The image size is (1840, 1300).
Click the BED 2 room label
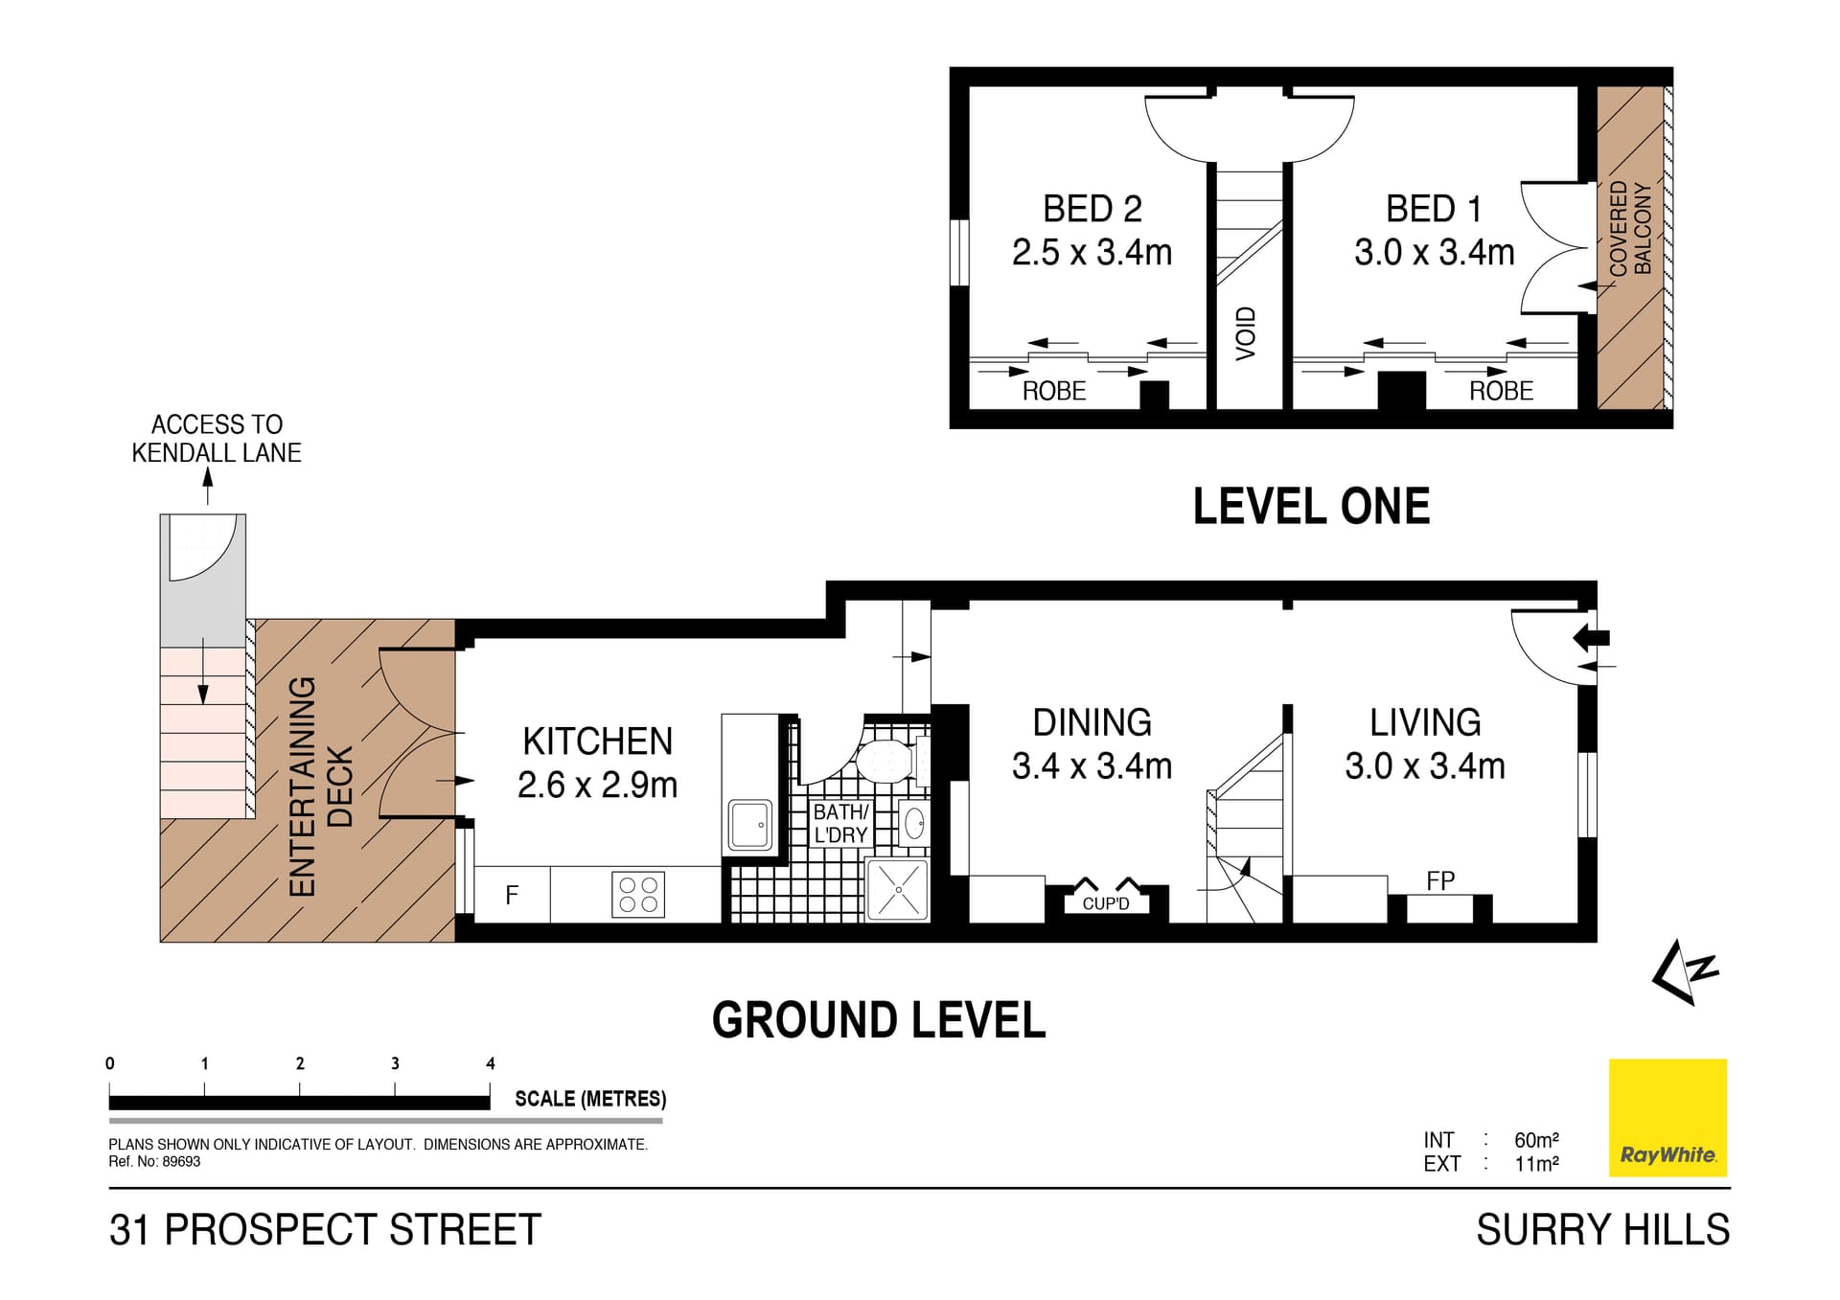click(x=1092, y=209)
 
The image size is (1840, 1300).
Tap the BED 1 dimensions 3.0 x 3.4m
click(x=1434, y=253)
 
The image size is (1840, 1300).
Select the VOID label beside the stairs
click(x=1245, y=333)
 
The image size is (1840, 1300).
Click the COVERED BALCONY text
click(x=1630, y=229)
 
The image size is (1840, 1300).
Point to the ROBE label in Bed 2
click(x=1053, y=391)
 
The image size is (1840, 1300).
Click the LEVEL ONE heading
click(x=1310, y=507)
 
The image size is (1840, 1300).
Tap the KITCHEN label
click(x=597, y=741)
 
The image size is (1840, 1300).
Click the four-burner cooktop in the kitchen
click(x=638, y=896)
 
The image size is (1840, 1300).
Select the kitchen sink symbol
click(x=750, y=825)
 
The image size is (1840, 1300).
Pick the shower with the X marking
click(x=897, y=890)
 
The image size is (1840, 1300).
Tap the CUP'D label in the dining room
click(x=1105, y=903)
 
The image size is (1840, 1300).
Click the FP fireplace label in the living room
click(x=1439, y=880)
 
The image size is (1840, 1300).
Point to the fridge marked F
click(x=512, y=895)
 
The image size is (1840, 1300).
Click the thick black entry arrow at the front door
click(x=1593, y=637)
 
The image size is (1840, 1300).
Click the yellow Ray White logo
click(x=1667, y=1117)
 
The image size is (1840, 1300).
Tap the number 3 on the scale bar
click(x=395, y=1063)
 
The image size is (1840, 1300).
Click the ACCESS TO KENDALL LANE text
click(x=217, y=439)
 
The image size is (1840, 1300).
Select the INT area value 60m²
click(x=1535, y=1140)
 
